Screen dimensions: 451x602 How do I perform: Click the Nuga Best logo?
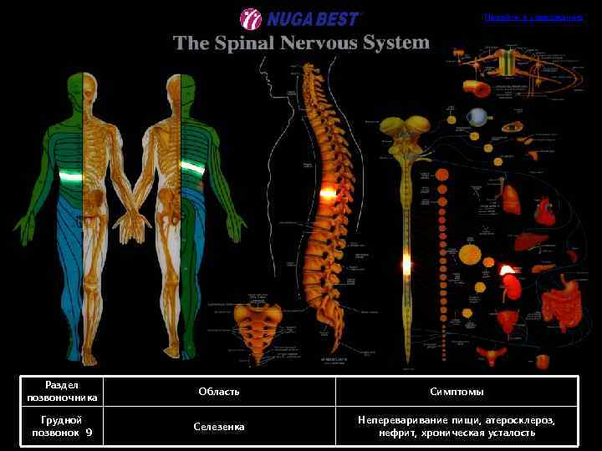coord(300,18)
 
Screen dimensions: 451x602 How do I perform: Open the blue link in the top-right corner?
coord(533,17)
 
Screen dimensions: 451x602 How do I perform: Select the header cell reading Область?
coord(219,392)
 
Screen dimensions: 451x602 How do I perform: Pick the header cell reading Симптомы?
coord(457,392)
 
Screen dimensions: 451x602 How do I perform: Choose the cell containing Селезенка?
coord(219,427)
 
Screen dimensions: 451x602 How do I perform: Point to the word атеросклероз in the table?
coord(523,420)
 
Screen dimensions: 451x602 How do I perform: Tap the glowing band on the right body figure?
coord(193,168)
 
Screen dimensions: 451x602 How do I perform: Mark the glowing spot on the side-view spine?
coord(327,193)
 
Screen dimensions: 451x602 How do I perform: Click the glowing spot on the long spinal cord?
coord(407,265)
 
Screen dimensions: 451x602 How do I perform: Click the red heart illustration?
coord(544,207)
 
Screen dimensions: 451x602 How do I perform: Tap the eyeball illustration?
coord(477,117)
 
